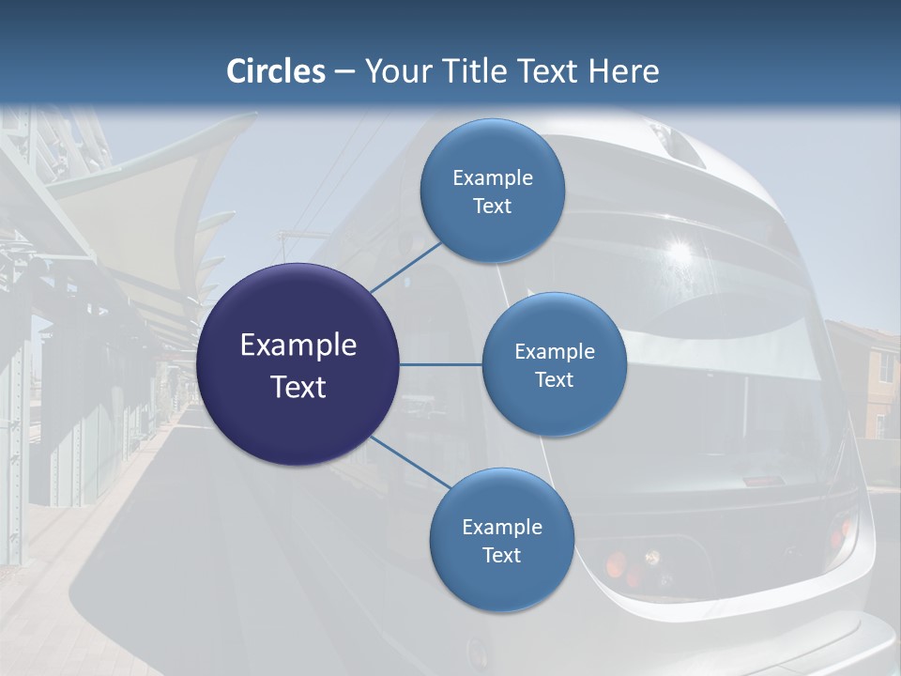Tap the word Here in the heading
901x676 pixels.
[623, 71]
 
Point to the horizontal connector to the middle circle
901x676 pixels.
[440, 364]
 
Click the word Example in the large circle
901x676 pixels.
[298, 346]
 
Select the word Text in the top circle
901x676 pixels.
[492, 207]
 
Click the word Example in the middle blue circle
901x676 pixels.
[554, 352]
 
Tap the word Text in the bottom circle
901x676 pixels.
[501, 556]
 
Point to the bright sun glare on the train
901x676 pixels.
[677, 251]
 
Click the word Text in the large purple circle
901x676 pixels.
[298, 387]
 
